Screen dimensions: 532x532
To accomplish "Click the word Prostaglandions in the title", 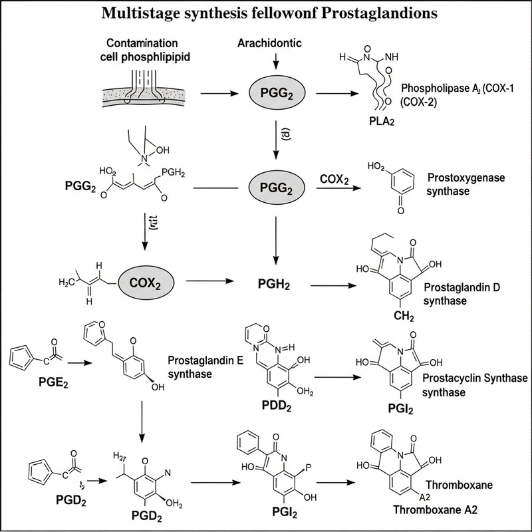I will pyautogui.click(x=388, y=13).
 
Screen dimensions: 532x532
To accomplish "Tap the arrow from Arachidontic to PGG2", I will pyautogui.click(x=276, y=62).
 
